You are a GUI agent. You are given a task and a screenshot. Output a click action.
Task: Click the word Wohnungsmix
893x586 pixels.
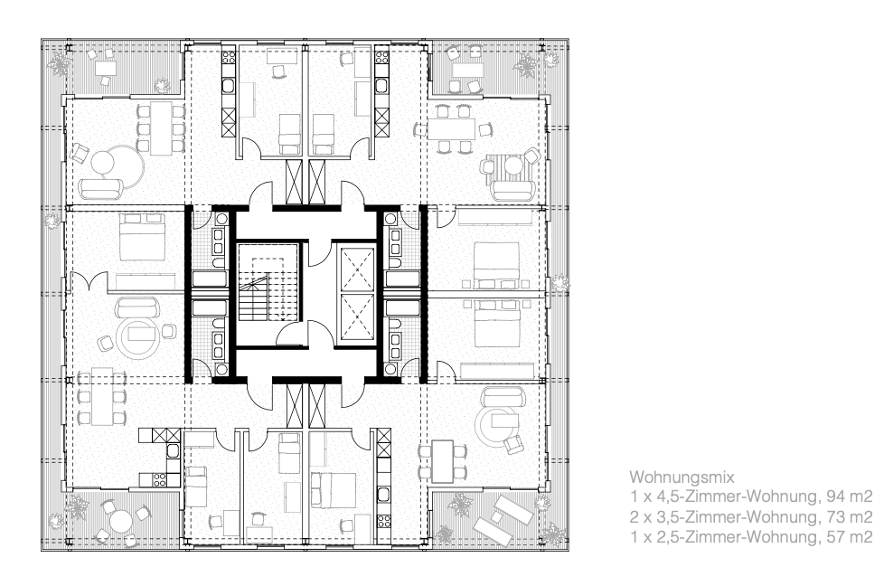click(681, 477)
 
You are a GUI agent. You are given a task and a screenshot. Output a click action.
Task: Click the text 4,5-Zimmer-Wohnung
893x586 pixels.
click(738, 497)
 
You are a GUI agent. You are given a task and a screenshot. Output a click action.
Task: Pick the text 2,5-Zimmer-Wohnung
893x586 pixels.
click(738, 537)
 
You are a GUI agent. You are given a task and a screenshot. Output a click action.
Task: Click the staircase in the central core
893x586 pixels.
click(268, 290)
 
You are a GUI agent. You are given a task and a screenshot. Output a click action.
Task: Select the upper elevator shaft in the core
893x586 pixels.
click(357, 269)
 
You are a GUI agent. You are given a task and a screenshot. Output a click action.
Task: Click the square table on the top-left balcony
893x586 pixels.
click(106, 69)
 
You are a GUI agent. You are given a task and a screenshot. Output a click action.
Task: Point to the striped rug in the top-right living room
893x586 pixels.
click(512, 169)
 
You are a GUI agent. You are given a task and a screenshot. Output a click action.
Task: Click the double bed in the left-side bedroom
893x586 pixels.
click(143, 237)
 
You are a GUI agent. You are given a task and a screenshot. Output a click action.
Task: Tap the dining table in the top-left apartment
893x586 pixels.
click(161, 128)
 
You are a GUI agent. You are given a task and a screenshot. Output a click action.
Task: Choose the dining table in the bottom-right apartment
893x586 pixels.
click(443, 461)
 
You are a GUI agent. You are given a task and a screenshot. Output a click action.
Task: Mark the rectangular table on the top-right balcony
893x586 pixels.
click(467, 70)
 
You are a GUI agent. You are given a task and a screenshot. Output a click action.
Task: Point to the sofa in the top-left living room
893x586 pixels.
click(101, 188)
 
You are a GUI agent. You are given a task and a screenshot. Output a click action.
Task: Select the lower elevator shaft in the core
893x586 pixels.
click(357, 317)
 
